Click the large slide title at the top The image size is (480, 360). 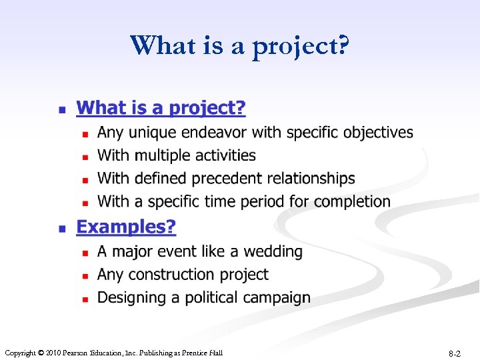point(239,46)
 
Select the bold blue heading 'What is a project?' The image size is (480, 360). point(161,107)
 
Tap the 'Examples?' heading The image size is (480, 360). point(126,227)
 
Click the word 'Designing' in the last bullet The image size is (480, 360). point(128,298)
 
